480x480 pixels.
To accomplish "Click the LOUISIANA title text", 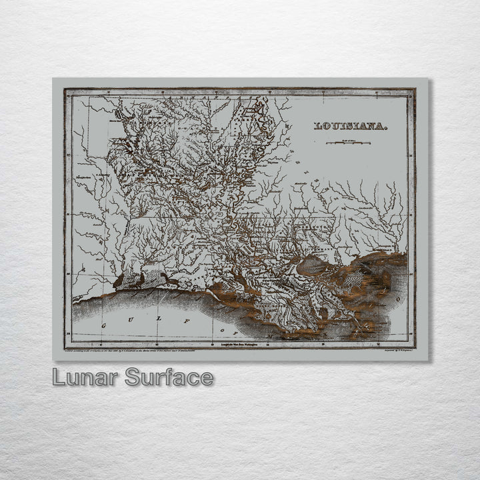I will (x=349, y=125).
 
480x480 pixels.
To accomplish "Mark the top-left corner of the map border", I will (x=65, y=89).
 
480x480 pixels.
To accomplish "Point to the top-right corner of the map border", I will (x=415, y=89).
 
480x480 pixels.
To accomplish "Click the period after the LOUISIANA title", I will (x=385, y=127).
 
